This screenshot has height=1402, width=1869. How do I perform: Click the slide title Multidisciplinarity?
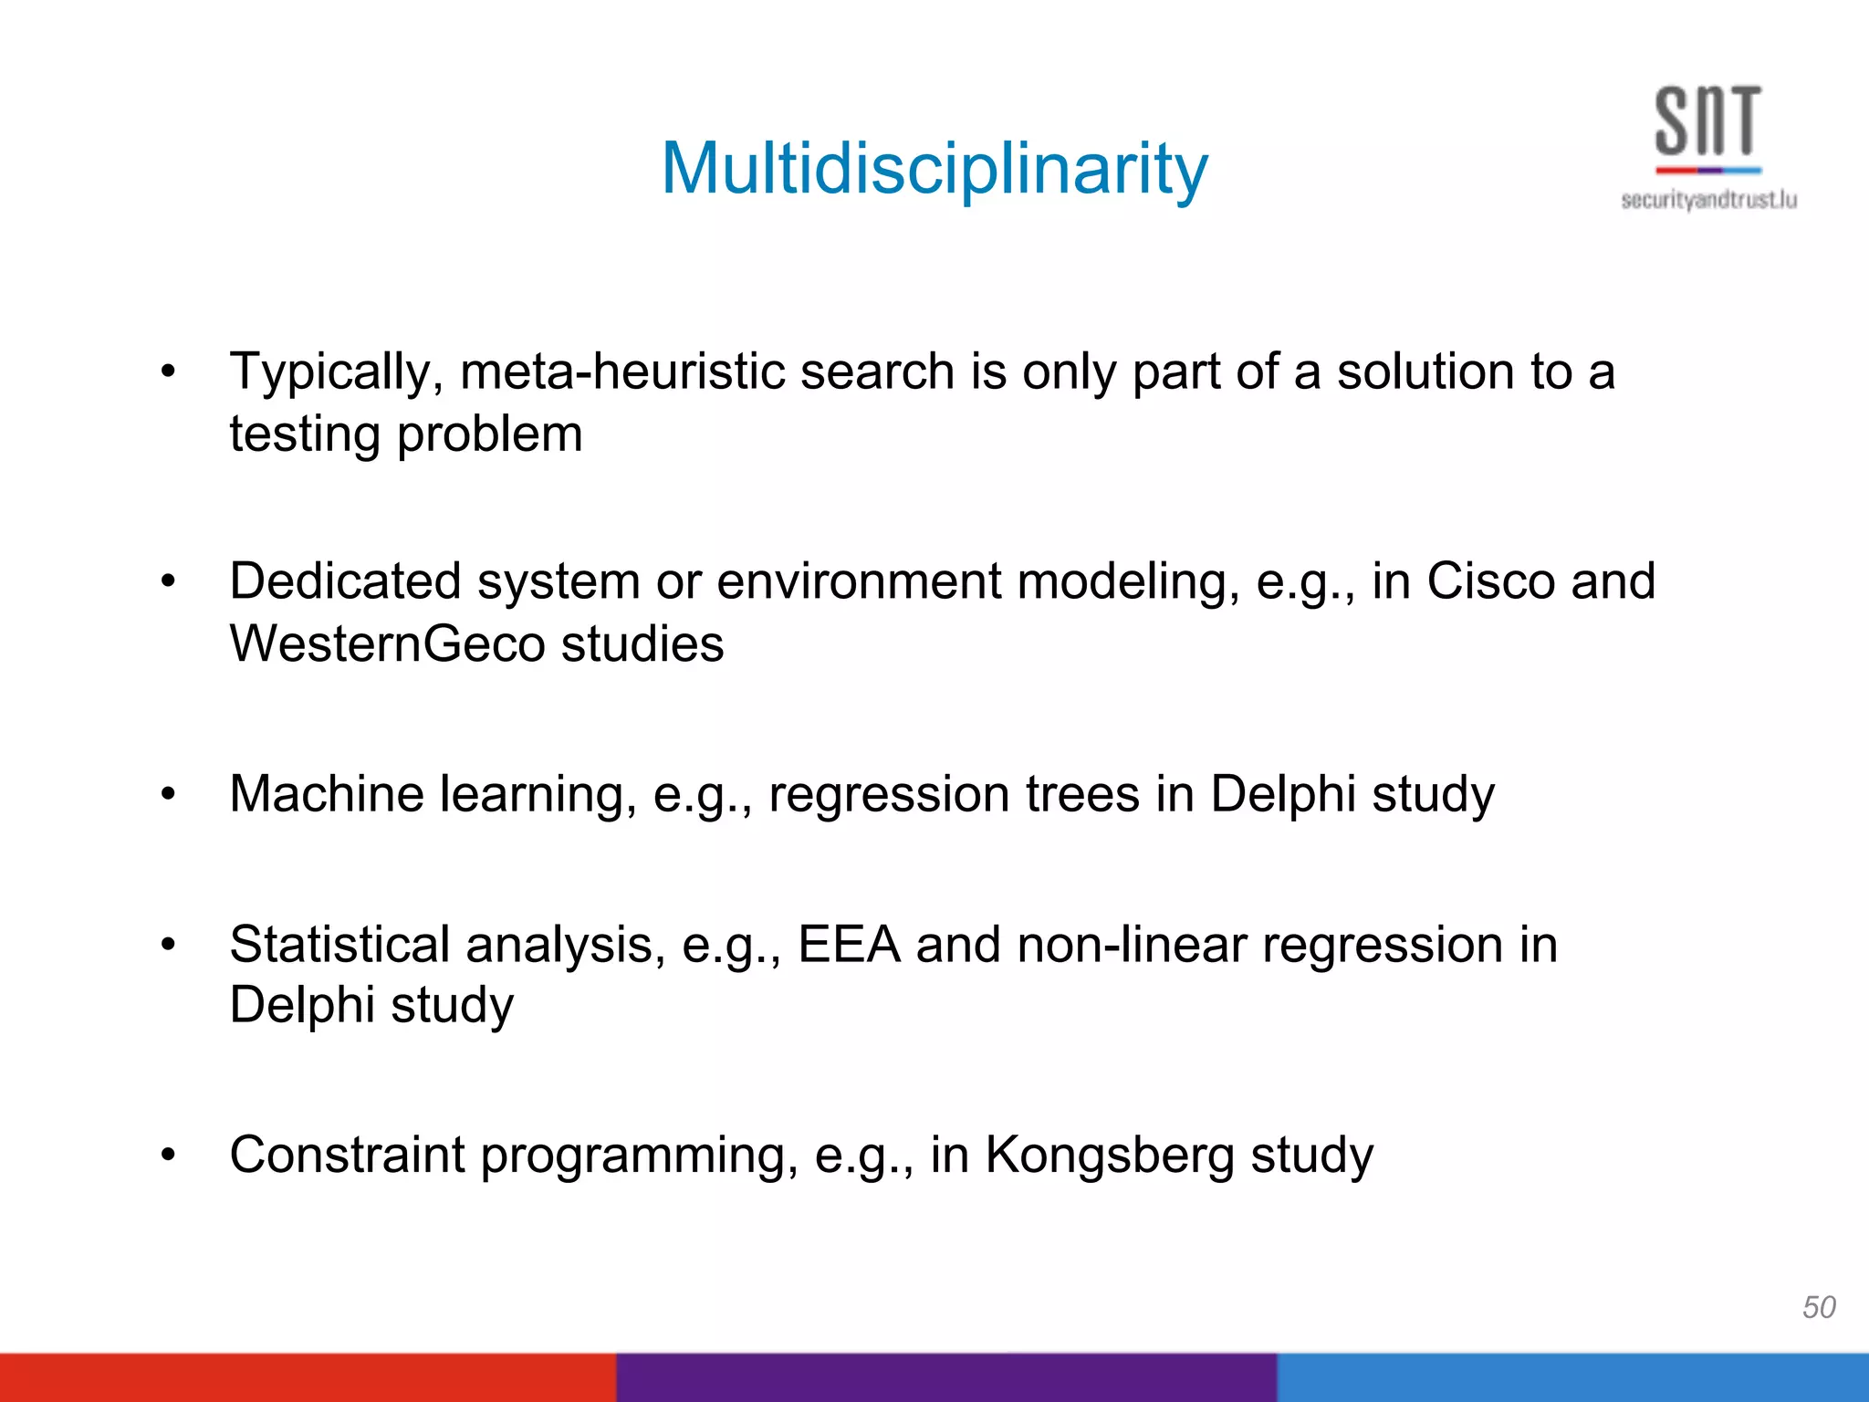coord(934,170)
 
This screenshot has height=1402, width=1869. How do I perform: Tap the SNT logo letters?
coord(1707,121)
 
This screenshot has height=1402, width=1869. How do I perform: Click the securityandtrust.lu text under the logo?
coord(1708,200)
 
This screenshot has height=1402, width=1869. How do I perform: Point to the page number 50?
coord(1819,1307)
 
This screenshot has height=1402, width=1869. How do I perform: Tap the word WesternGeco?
coord(387,644)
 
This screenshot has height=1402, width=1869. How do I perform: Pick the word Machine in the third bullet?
coord(326,793)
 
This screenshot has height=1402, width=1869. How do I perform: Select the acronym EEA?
coord(849,944)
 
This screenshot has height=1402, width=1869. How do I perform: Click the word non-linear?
coord(1131,944)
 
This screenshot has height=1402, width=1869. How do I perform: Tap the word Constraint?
coord(347,1155)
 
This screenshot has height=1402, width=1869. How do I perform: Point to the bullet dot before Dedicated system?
coord(167,581)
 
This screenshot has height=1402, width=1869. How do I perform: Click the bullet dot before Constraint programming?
coord(167,1155)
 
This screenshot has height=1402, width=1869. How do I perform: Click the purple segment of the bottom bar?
coord(945,1377)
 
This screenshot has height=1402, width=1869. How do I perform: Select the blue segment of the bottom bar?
coord(1572,1377)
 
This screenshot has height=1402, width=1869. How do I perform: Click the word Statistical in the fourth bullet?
coord(352,944)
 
